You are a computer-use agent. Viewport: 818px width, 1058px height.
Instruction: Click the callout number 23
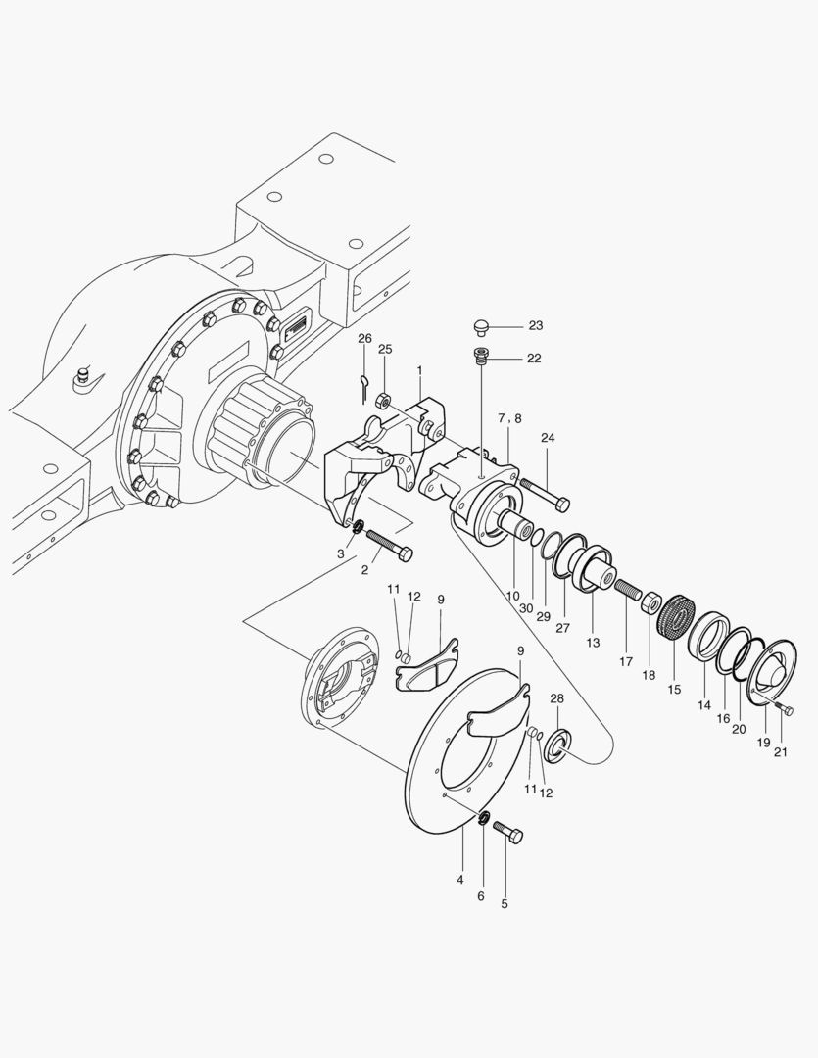535,325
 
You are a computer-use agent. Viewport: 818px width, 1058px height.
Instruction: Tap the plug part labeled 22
480,356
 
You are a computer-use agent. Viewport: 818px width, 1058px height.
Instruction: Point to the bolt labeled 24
545,493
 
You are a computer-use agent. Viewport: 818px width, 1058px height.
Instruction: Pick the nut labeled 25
385,398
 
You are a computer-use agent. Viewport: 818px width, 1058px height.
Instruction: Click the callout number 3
340,554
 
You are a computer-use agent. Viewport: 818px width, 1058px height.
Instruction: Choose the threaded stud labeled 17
627,592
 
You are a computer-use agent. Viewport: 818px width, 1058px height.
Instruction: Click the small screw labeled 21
781,708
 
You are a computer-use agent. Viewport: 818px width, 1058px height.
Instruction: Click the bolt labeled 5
509,833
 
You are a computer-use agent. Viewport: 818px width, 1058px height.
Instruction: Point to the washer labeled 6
483,818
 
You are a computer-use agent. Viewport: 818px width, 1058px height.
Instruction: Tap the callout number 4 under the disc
459,880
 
